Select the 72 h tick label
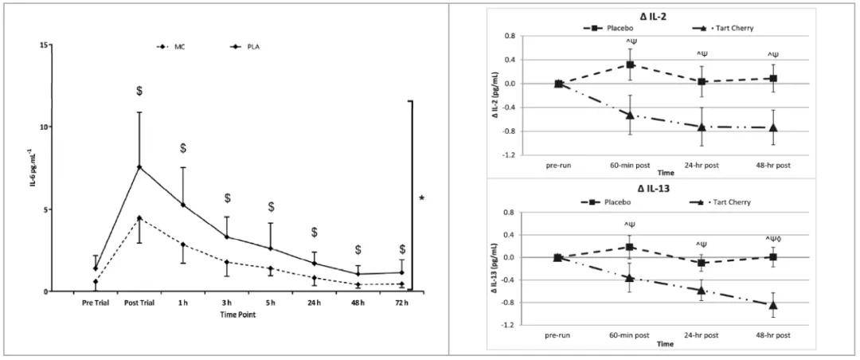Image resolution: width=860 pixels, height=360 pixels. click(402, 303)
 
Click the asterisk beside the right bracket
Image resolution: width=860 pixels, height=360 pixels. click(421, 198)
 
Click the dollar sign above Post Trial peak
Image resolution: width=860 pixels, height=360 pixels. click(139, 91)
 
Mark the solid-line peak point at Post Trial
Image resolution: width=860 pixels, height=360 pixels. click(139, 167)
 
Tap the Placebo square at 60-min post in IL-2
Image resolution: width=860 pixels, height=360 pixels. click(630, 65)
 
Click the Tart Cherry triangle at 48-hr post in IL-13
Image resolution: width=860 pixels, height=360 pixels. click(772, 304)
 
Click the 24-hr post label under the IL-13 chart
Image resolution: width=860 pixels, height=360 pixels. click(701, 335)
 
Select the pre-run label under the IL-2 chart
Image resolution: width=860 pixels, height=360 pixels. click(558, 165)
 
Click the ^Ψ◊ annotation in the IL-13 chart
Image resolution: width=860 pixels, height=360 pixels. click(772, 239)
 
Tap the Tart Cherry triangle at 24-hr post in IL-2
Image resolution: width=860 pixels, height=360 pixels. click(701, 127)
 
